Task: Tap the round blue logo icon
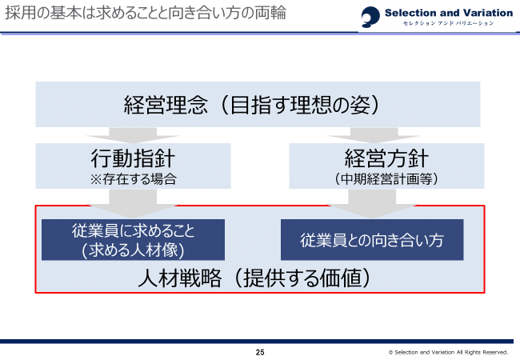click(370, 17)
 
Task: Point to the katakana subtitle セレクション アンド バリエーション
click(448, 25)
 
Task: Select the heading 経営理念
click(166, 105)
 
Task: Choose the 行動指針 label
click(133, 158)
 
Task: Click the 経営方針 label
click(386, 158)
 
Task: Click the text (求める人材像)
click(133, 249)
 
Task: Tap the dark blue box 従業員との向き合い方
click(371, 240)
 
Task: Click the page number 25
click(260, 352)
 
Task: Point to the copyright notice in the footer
click(448, 352)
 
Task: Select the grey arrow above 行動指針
click(133, 134)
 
